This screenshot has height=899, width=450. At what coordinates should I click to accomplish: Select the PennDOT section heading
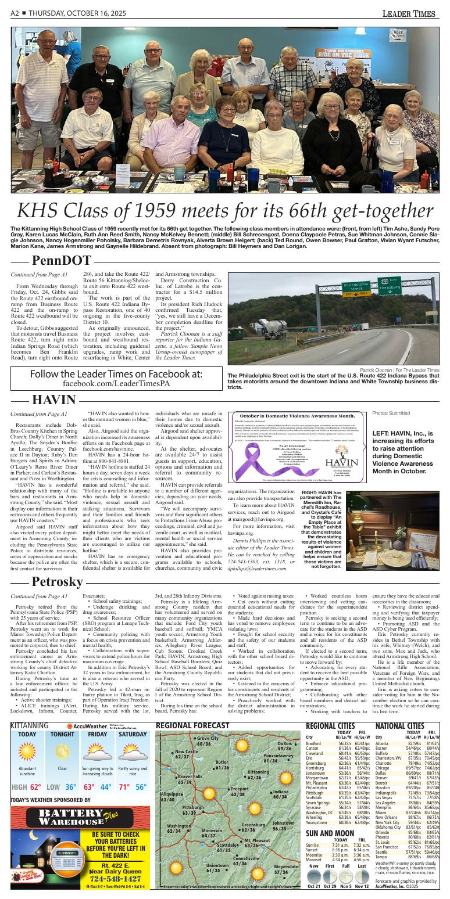61,261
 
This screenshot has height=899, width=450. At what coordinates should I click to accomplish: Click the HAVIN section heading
54,400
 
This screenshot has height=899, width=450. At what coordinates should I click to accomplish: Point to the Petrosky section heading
57,581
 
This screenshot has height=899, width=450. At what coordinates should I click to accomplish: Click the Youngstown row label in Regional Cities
316,822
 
